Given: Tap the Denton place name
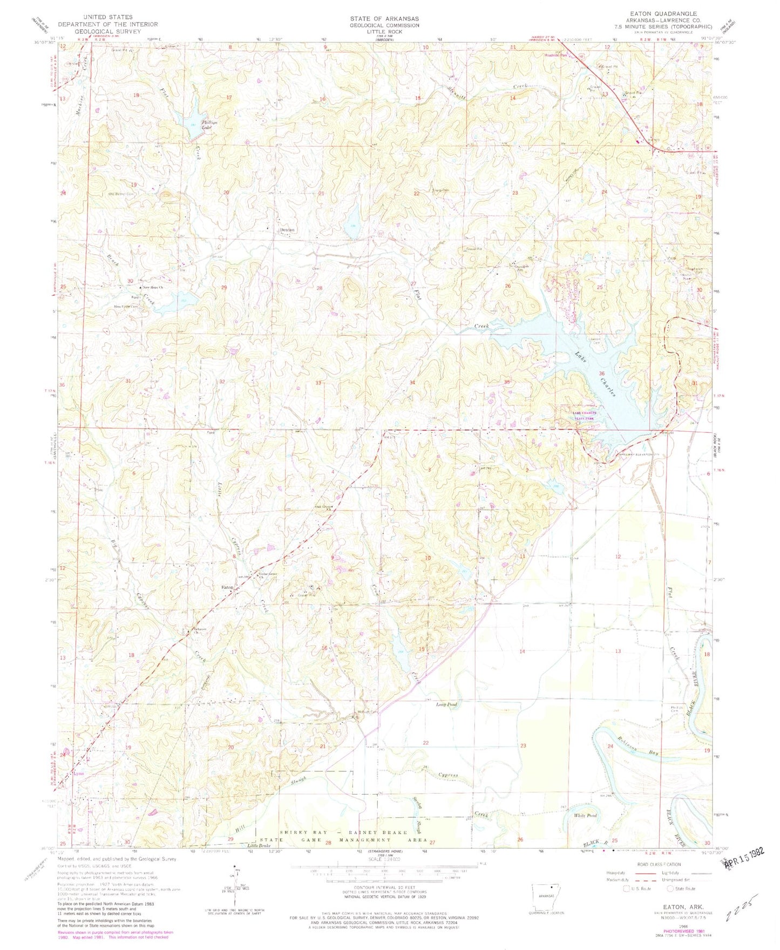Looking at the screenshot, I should (x=287, y=230).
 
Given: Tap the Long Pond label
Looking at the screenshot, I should (x=446, y=704).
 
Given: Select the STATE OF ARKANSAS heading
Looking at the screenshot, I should (x=383, y=18).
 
